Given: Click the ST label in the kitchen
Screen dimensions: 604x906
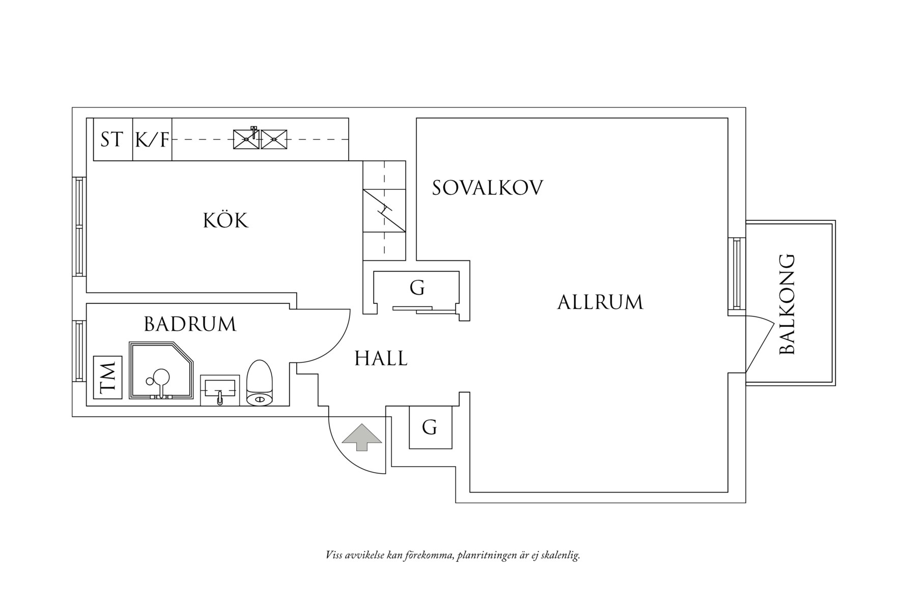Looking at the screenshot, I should [x=112, y=139].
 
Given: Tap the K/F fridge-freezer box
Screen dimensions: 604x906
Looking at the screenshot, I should [x=152, y=139].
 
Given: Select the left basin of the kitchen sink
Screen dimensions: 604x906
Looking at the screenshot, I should [x=246, y=139].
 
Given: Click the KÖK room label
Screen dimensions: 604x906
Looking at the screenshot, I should [x=225, y=221].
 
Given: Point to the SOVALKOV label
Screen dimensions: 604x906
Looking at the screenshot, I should [x=488, y=188].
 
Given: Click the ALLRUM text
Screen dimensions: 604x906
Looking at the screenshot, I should [x=600, y=302].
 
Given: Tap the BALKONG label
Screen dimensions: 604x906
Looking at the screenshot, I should [x=787, y=304].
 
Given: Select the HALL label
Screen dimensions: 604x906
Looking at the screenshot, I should [x=381, y=359].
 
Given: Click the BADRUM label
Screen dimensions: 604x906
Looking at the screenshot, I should [x=190, y=324].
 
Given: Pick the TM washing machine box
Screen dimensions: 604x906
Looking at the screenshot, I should [x=108, y=378].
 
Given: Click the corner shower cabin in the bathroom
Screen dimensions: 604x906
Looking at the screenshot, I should [x=161, y=370].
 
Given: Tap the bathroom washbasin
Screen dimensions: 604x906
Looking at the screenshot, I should [x=220, y=390].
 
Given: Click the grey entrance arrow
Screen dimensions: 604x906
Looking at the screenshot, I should [x=361, y=437].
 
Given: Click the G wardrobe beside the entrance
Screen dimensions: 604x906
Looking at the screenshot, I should [x=430, y=427].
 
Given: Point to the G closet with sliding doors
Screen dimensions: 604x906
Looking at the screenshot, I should [x=417, y=289].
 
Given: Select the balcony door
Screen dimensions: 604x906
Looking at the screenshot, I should [x=758, y=343].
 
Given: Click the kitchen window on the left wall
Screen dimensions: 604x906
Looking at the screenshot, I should [x=79, y=226].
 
